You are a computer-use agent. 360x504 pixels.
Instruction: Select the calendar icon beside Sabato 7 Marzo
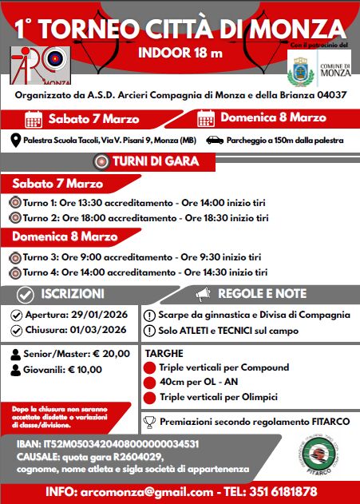34,120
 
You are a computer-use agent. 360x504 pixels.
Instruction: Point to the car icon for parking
215,141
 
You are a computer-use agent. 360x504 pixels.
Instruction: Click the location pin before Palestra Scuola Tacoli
15,141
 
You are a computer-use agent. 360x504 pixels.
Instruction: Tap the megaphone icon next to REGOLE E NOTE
201,293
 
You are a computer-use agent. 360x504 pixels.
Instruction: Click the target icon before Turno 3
15,257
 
